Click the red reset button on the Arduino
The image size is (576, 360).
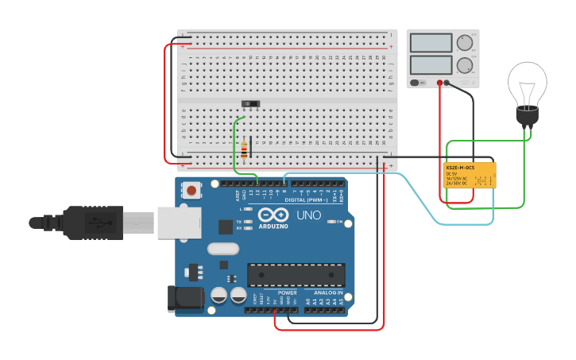click(191, 190)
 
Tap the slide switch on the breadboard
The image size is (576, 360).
click(251, 104)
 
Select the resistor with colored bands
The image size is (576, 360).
click(243, 148)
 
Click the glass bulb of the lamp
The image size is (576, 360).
click(527, 83)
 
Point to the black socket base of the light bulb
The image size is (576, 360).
click(527, 116)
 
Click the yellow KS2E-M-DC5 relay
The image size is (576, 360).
click(470, 175)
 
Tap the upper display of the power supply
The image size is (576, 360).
click(431, 43)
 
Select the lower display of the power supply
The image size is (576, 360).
click(431, 64)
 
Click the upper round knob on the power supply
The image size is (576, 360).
click(464, 43)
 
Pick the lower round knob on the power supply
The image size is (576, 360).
click(464, 65)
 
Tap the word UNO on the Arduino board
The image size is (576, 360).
click(308, 215)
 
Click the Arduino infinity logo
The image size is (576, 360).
click(272, 215)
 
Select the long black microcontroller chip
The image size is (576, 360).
click(296, 275)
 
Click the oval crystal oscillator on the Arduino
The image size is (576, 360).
click(223, 249)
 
